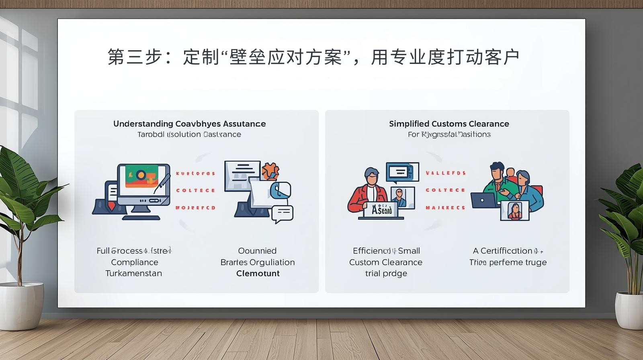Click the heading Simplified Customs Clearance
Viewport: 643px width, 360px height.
tap(449, 124)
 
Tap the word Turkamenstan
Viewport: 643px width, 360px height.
tap(134, 273)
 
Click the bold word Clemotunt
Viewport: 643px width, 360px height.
tap(258, 273)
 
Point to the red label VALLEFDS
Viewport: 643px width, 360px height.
tap(446, 173)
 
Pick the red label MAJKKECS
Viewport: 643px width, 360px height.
tap(445, 208)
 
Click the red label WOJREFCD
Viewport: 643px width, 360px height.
tap(195, 208)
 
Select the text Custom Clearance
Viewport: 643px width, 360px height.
tap(386, 262)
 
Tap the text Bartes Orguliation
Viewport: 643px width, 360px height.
tap(258, 262)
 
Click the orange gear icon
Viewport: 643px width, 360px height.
tap(270, 171)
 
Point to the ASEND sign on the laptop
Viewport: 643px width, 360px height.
tap(382, 210)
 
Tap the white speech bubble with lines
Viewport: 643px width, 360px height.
tap(283, 213)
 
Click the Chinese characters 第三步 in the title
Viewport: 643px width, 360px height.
tap(134, 57)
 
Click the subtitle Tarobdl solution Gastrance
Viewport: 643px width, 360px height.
tap(189, 134)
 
